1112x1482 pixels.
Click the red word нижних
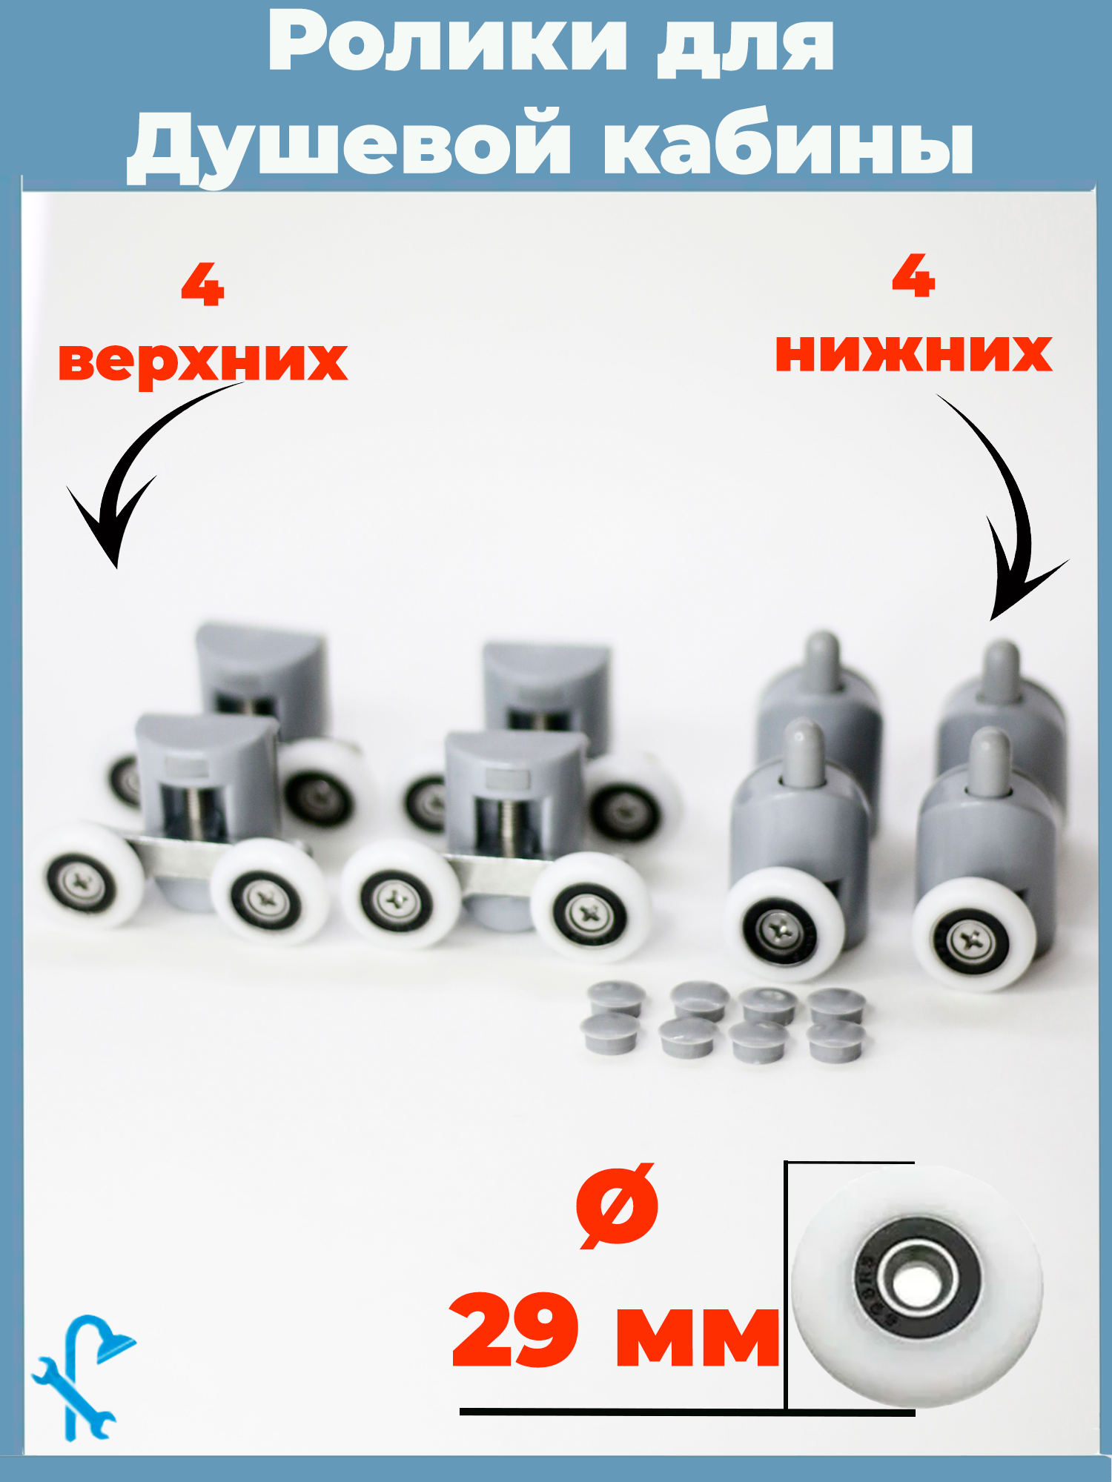913,352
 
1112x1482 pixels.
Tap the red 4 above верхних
202,285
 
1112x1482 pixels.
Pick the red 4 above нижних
913,276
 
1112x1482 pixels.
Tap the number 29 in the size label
514,1330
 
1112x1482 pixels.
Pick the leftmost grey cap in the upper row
615,998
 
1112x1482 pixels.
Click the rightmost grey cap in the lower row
836,1041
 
